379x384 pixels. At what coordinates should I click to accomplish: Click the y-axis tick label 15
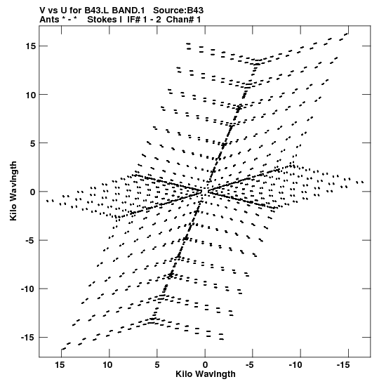click(31, 46)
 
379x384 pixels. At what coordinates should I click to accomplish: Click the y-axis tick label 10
click(31, 95)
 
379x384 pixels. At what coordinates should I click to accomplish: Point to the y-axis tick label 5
click(33, 143)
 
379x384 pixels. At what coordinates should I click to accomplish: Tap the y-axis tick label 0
click(33, 192)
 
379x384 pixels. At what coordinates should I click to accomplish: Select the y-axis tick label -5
click(31, 241)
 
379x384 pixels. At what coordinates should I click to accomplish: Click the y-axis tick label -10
click(28, 289)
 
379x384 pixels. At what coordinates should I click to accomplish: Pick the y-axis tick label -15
click(28, 338)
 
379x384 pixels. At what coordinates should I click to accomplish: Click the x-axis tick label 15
click(60, 365)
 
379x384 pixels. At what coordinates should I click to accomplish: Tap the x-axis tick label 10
click(107, 365)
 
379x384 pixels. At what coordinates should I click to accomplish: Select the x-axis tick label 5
click(157, 365)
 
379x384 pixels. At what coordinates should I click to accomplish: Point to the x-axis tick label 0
click(205, 365)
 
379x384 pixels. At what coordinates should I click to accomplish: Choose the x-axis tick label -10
click(295, 365)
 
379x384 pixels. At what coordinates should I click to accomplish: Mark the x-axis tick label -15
click(343, 365)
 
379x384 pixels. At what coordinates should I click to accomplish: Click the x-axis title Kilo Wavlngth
click(206, 374)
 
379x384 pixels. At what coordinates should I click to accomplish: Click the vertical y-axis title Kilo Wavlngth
click(13, 191)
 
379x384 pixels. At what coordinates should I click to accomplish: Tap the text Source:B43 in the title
click(178, 11)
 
